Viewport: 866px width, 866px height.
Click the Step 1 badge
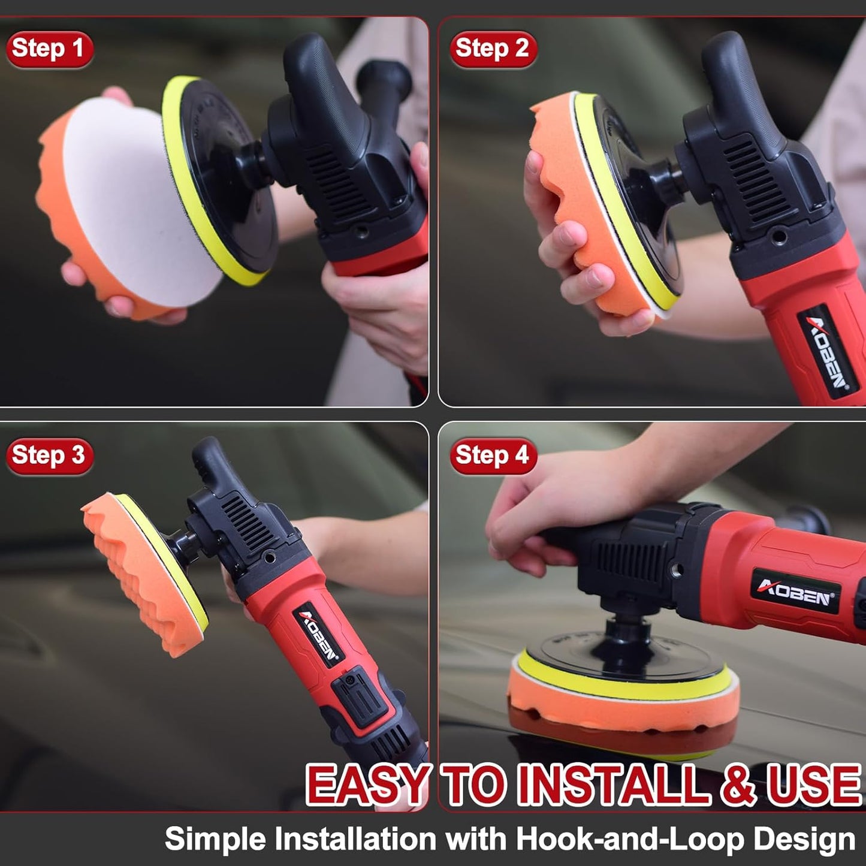[x=49, y=49]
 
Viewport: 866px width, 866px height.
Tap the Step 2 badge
[x=493, y=49]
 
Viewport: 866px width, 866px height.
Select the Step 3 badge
[x=49, y=455]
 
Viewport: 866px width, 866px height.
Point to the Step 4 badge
[x=493, y=455]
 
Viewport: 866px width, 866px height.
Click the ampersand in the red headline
[x=739, y=784]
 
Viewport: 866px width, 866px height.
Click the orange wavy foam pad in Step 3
[x=138, y=575]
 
